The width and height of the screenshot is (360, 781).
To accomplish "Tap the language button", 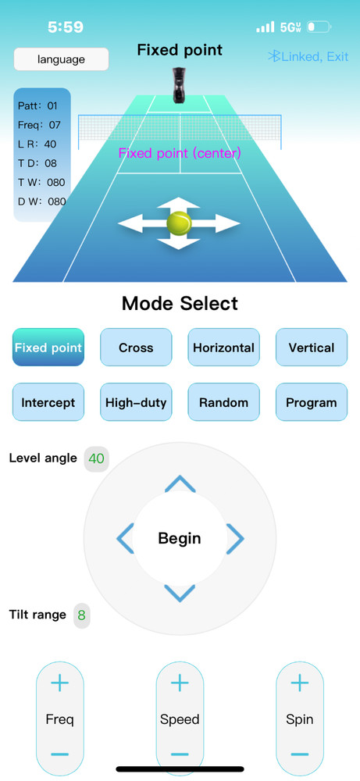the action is click(x=61, y=59).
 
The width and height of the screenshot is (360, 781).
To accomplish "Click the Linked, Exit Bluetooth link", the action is click(x=308, y=57).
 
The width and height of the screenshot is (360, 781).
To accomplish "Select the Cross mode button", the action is click(x=136, y=348).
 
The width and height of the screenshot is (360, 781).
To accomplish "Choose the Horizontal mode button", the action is click(x=223, y=348).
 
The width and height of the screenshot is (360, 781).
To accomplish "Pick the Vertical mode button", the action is click(x=312, y=348).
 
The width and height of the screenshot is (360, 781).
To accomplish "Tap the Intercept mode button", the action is click(x=48, y=402).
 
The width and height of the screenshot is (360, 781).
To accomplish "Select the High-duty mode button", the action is click(x=136, y=402).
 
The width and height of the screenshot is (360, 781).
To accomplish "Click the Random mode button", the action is click(x=223, y=402).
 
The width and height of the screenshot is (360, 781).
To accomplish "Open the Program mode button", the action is click(x=312, y=402).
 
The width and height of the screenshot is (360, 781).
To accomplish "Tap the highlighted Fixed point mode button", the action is click(x=48, y=348).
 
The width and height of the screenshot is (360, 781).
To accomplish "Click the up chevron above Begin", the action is click(x=180, y=483).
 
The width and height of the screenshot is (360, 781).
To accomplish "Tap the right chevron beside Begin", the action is click(x=236, y=538).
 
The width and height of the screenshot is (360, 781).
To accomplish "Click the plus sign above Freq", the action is click(x=60, y=683).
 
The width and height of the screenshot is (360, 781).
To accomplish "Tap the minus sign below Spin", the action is click(x=300, y=754).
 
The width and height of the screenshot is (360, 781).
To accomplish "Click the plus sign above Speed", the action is click(x=180, y=683).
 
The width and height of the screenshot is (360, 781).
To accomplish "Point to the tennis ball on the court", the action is click(x=180, y=223).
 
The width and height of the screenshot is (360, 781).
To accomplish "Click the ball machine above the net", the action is click(x=180, y=85).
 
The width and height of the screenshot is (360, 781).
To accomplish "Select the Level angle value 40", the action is click(x=97, y=458).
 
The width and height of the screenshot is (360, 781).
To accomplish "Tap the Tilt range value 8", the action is click(x=82, y=615).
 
